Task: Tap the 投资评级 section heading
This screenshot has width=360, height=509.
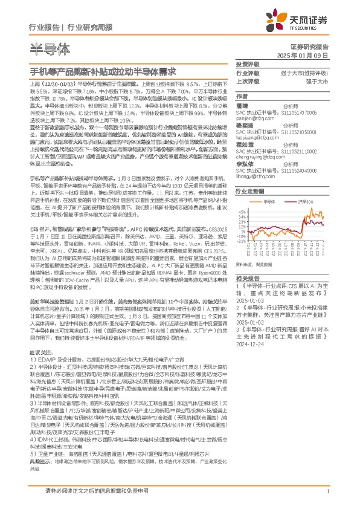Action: pyautogui.click(x=247, y=64)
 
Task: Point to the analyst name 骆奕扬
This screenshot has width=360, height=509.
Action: pyautogui.click(x=245, y=125)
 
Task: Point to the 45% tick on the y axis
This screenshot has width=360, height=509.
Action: pyautogui.click(x=242, y=212)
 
